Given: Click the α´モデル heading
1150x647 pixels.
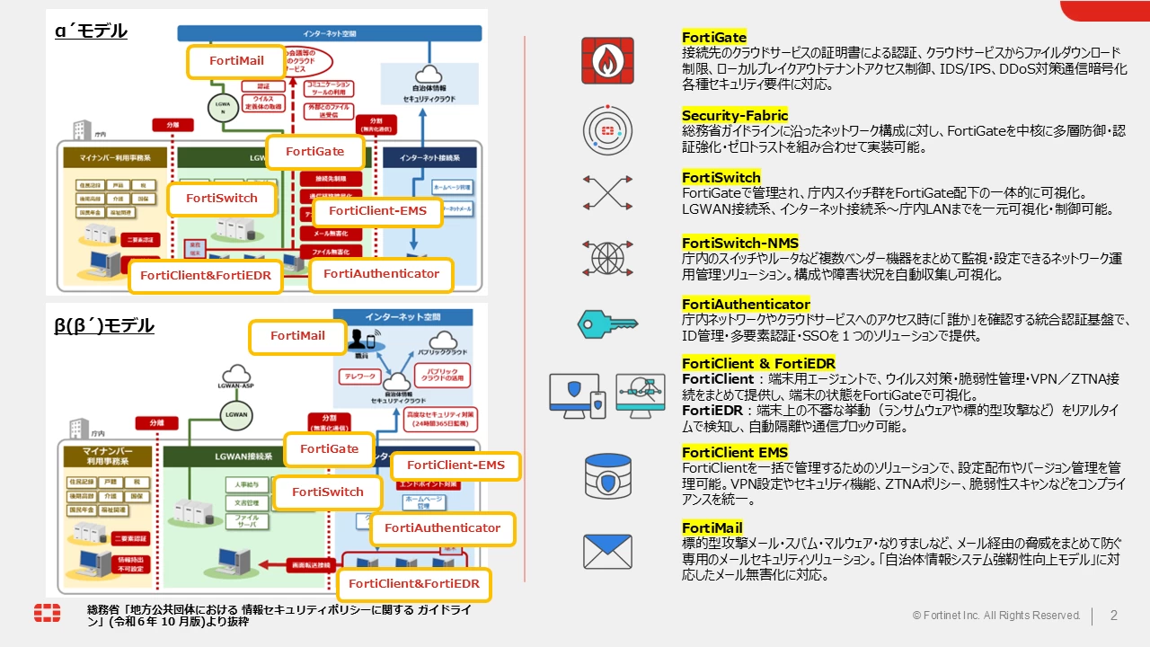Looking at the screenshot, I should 91,31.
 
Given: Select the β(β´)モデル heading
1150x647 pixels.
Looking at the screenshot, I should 104,324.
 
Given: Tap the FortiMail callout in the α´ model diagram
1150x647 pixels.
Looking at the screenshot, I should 236,61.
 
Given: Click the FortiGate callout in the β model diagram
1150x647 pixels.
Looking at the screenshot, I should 329,449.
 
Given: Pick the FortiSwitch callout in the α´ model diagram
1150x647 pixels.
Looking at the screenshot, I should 222,199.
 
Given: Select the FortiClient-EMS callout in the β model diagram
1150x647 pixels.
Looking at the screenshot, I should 456,465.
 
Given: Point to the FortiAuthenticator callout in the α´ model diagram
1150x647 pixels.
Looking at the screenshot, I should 381,274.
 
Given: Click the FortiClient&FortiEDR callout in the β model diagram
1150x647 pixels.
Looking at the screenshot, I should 414,584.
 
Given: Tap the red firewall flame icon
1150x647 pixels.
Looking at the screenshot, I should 607,60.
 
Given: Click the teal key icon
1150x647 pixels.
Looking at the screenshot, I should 607,322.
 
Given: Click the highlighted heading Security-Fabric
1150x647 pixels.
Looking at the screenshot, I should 734,116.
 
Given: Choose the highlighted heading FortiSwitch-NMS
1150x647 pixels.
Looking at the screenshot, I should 739,243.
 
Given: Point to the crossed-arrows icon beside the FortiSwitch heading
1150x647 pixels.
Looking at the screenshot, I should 607,192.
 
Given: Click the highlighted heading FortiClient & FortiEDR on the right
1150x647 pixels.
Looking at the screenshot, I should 758,363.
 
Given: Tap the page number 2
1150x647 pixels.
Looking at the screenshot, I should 1114,616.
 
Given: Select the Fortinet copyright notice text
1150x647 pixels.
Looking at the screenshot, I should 996,616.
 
